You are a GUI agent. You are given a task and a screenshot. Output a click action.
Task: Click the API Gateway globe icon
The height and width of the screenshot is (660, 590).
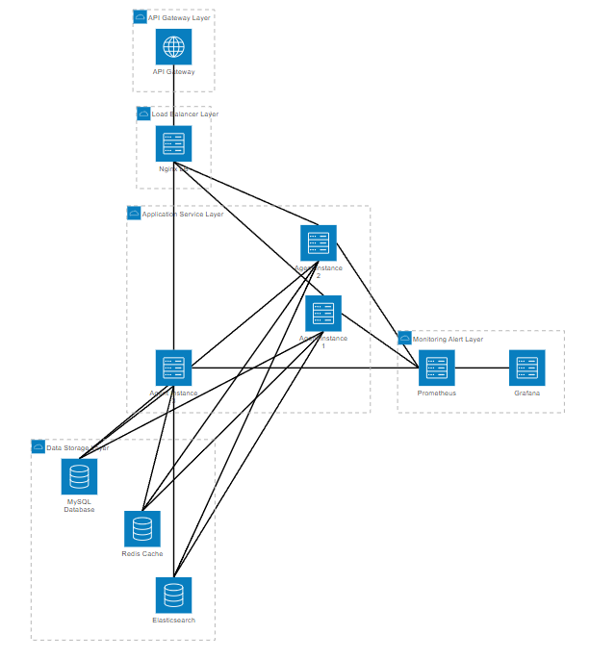(x=173, y=46)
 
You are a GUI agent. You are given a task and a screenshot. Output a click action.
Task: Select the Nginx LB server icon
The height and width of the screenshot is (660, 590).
(x=173, y=143)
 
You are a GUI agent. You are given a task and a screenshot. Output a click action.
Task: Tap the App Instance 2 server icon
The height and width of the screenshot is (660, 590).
(x=319, y=243)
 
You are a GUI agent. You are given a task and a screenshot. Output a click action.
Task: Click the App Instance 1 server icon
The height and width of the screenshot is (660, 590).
(x=323, y=314)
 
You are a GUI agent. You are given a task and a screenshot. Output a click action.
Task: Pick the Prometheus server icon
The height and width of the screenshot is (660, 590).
(x=436, y=368)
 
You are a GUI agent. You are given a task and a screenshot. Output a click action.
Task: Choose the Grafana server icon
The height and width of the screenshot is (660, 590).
(x=526, y=368)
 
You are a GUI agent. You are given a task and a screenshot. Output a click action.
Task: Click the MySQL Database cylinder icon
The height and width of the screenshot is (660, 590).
(x=79, y=476)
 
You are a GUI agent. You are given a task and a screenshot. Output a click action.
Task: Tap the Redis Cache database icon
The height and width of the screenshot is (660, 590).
(x=142, y=528)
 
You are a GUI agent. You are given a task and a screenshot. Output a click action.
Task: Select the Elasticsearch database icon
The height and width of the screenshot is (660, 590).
(x=173, y=596)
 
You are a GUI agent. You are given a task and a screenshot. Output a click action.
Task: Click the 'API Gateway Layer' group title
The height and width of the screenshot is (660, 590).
(x=180, y=17)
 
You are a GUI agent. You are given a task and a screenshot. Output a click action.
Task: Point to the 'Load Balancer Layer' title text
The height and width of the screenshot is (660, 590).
(x=185, y=114)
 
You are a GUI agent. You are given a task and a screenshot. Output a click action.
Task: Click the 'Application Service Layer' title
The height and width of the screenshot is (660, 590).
(x=183, y=214)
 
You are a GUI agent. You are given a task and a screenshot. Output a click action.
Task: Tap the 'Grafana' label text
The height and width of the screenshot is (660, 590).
(x=526, y=393)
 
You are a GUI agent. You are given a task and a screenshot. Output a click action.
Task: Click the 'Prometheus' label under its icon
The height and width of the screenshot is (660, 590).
(x=436, y=393)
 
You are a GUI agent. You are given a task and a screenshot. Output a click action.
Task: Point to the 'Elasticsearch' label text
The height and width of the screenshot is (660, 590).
(x=173, y=621)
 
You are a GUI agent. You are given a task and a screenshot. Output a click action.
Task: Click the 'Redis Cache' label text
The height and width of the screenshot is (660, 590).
(x=142, y=554)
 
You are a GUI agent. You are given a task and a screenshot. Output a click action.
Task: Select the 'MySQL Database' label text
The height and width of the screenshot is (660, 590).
(x=79, y=505)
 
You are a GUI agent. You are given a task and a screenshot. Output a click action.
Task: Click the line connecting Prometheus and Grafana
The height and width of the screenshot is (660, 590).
(x=481, y=368)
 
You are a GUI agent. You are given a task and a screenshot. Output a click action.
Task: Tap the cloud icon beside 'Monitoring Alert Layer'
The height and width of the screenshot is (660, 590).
(x=405, y=339)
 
